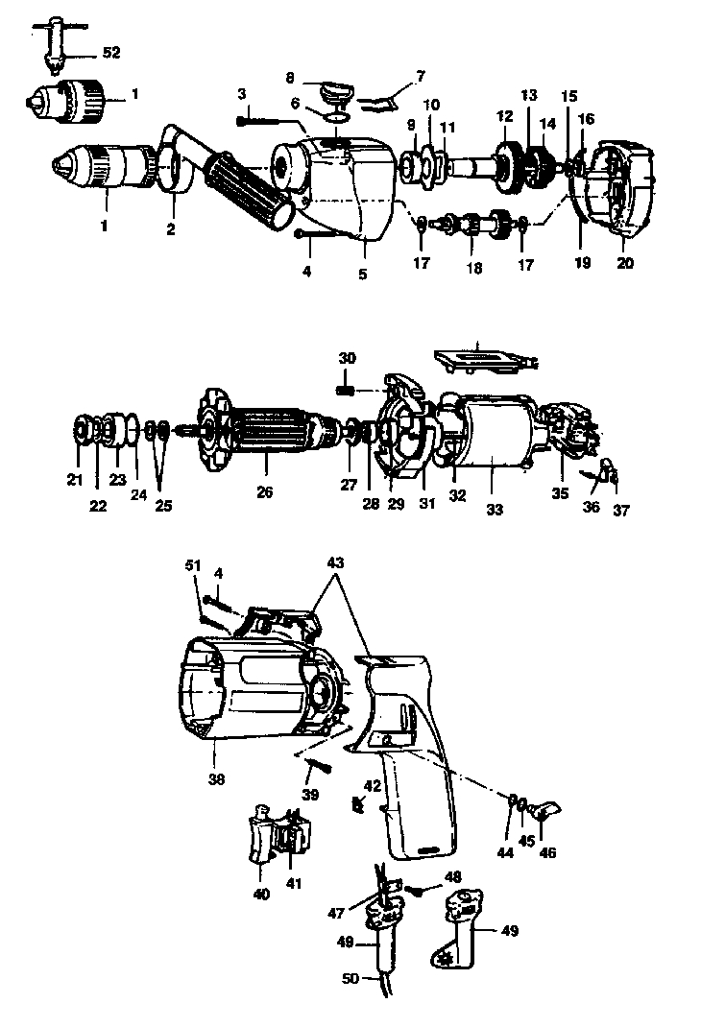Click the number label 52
(111, 53)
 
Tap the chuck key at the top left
(54, 42)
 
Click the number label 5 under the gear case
(363, 274)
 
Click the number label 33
(494, 511)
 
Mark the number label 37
(621, 511)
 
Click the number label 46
(547, 852)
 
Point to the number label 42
(372, 785)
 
